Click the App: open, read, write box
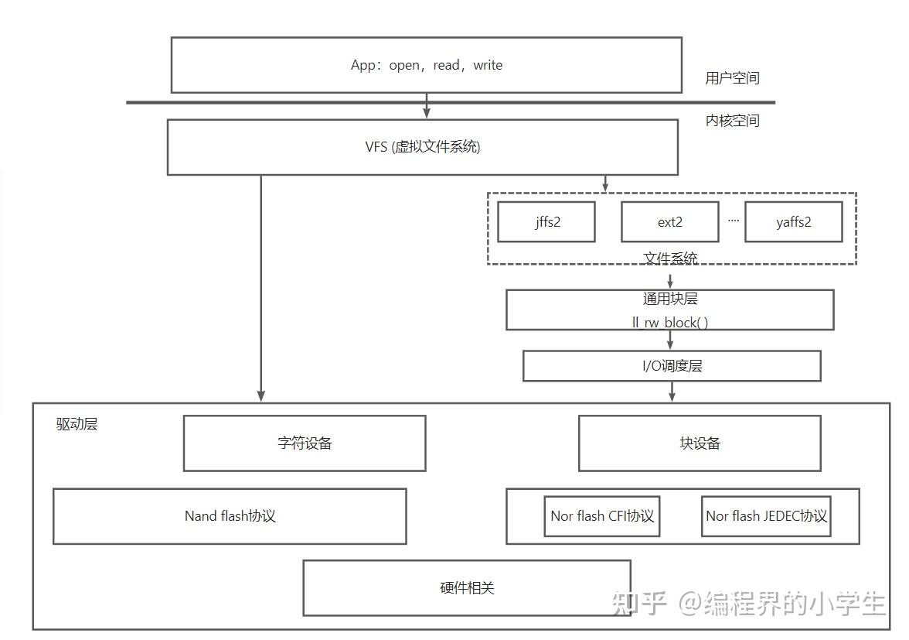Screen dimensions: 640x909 click(x=426, y=65)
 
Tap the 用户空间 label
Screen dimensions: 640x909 click(x=732, y=78)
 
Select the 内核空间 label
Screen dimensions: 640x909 click(x=732, y=121)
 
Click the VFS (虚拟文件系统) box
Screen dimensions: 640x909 click(x=422, y=147)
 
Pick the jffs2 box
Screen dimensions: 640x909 click(x=546, y=222)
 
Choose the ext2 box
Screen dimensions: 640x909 click(x=669, y=222)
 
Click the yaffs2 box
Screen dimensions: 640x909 click(x=793, y=222)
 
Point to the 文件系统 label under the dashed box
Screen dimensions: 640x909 click(x=670, y=258)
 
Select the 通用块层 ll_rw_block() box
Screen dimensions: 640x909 click(x=669, y=310)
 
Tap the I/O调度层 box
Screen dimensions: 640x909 click(x=671, y=366)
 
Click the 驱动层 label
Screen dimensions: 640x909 click(x=77, y=424)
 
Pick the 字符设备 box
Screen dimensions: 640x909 click(x=304, y=443)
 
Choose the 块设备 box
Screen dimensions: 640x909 click(x=699, y=443)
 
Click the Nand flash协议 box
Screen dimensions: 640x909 click(x=230, y=516)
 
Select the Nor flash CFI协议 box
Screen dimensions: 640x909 click(x=602, y=516)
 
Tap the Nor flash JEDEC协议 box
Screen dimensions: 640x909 click(x=766, y=516)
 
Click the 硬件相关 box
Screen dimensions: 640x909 click(x=466, y=588)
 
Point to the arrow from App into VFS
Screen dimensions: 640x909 click(x=426, y=107)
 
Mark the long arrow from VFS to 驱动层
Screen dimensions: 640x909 click(x=261, y=286)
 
